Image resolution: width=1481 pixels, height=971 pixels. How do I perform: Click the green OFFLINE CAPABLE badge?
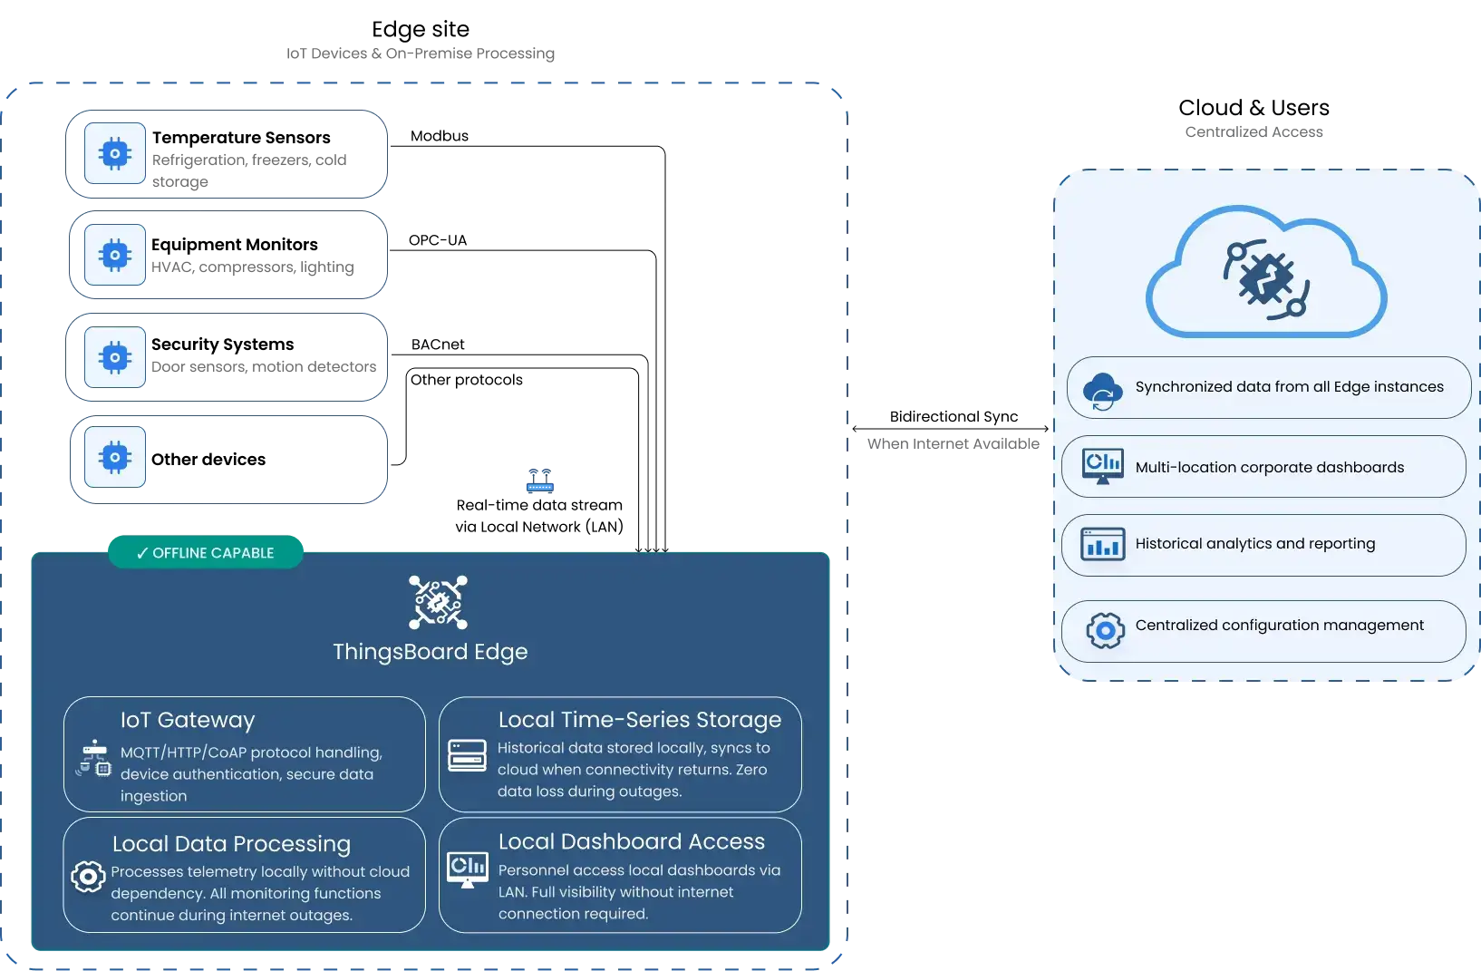(x=206, y=552)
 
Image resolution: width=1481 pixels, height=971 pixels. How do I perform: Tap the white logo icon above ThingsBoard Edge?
(x=438, y=602)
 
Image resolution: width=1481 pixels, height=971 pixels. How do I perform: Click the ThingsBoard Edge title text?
(x=430, y=652)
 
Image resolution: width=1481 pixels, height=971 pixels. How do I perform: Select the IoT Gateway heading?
(x=188, y=720)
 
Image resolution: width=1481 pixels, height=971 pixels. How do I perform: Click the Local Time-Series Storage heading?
(x=639, y=720)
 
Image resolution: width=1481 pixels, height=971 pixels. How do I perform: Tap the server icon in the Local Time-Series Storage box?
(x=467, y=755)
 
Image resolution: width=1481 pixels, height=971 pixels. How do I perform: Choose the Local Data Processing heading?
(x=231, y=844)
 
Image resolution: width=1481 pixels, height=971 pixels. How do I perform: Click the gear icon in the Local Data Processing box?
(x=88, y=877)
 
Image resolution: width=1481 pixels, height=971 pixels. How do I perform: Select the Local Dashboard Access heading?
(x=631, y=842)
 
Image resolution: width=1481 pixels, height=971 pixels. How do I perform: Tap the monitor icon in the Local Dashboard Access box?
(x=468, y=869)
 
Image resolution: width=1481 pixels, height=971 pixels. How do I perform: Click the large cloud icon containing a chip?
(x=1266, y=273)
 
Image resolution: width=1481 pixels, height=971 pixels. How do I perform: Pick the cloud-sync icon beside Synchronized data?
(x=1102, y=391)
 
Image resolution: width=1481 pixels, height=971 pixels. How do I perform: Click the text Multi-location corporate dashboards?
(x=1269, y=468)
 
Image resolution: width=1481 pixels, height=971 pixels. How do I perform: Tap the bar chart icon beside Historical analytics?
(x=1102, y=545)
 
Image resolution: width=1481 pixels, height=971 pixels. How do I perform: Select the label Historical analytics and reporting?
(x=1254, y=544)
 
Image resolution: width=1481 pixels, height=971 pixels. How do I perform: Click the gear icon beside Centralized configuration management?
(x=1105, y=630)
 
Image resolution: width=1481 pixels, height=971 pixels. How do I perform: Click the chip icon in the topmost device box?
(x=114, y=154)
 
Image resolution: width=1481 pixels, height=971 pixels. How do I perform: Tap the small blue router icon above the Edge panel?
(x=538, y=482)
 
